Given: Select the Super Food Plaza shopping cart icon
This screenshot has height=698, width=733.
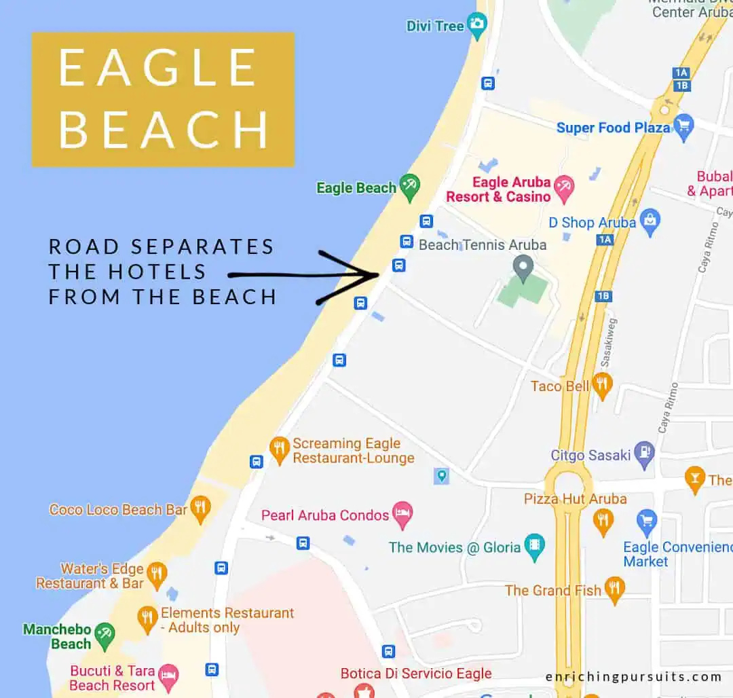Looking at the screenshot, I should pyautogui.click(x=683, y=126).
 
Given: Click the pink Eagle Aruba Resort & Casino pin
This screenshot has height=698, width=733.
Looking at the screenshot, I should pyautogui.click(x=563, y=187).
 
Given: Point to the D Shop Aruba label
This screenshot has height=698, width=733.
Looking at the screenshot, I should pyautogui.click(x=592, y=223).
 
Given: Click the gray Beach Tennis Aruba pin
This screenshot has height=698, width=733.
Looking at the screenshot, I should pyautogui.click(x=523, y=268).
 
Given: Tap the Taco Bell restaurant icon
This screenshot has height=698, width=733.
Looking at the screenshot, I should pyautogui.click(x=602, y=384).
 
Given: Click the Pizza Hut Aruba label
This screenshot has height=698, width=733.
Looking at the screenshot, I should pyautogui.click(x=575, y=499).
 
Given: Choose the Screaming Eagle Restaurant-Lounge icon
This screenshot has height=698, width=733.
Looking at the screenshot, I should pyautogui.click(x=279, y=449).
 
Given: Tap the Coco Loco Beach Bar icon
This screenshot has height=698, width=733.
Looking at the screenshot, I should pyautogui.click(x=200, y=508).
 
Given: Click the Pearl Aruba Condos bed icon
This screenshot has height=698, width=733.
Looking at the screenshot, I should pyautogui.click(x=403, y=514).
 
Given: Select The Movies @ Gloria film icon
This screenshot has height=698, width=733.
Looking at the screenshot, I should pyautogui.click(x=535, y=546).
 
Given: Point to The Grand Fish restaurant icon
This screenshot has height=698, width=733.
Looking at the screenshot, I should pyautogui.click(x=614, y=589).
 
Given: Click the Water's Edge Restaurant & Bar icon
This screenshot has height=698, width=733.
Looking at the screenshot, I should pyautogui.click(x=157, y=574).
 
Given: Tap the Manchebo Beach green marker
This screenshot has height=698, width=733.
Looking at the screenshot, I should pyautogui.click(x=105, y=636).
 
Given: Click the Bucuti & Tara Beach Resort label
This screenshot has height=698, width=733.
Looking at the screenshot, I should pyautogui.click(x=113, y=678).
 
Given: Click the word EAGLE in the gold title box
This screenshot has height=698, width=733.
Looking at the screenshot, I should pyautogui.click(x=157, y=68).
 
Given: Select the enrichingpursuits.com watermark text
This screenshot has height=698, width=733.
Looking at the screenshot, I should pyautogui.click(x=633, y=676).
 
